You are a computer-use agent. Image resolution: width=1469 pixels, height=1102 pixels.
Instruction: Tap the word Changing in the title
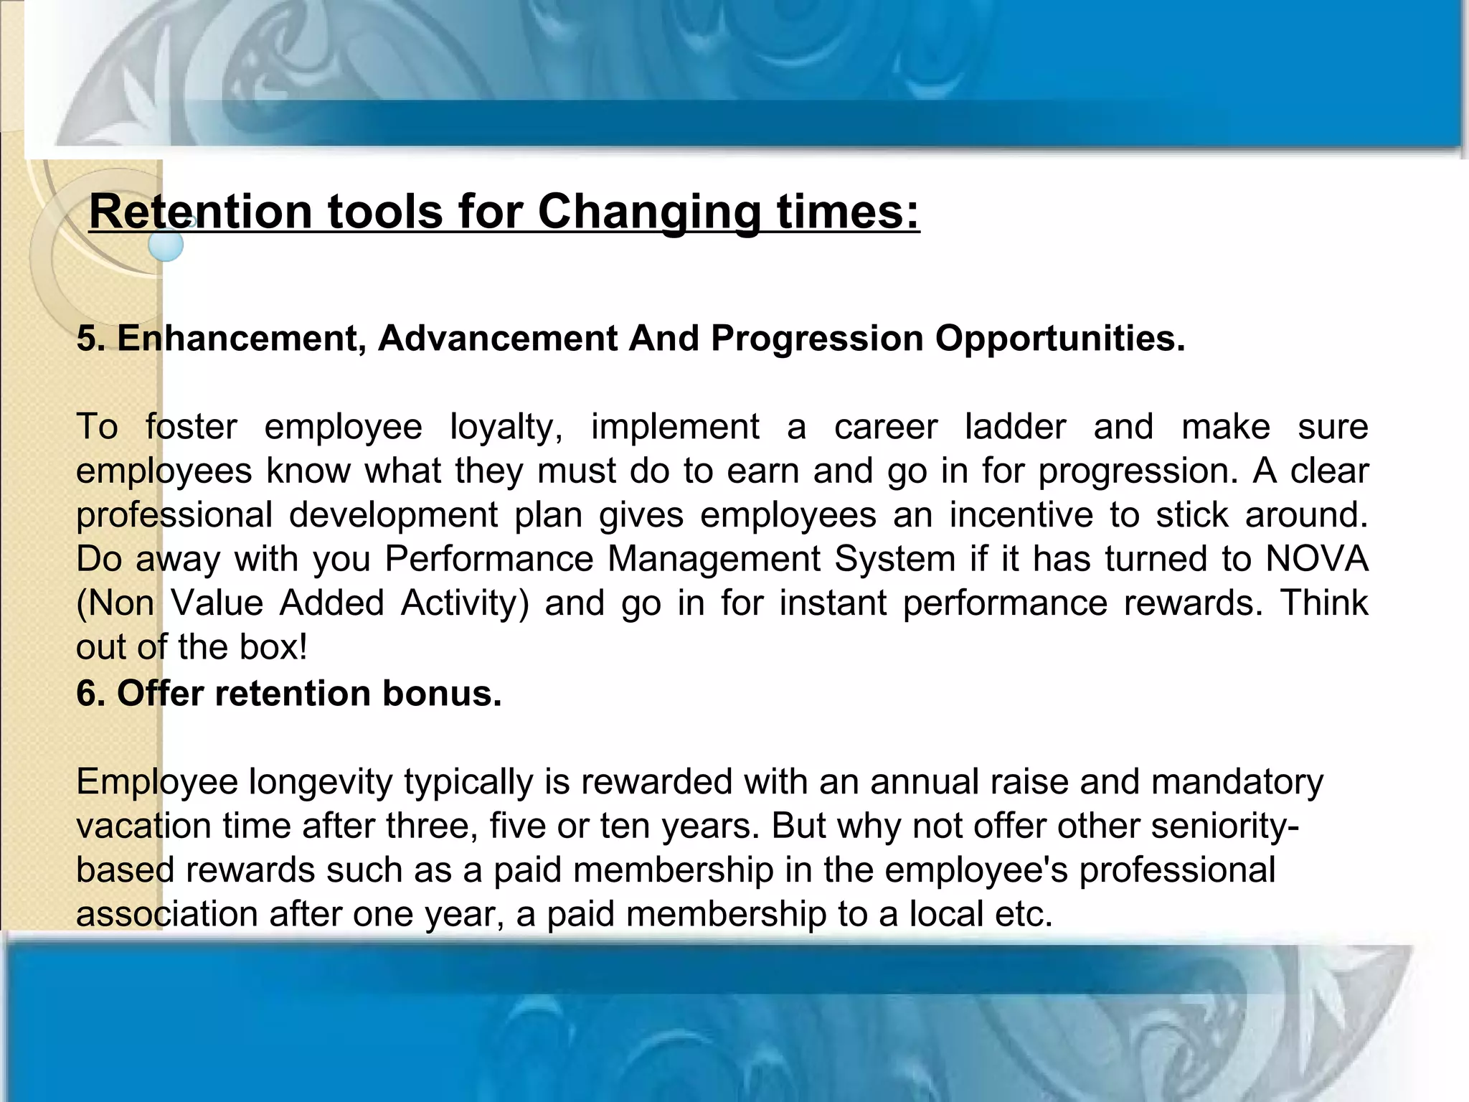tap(649, 212)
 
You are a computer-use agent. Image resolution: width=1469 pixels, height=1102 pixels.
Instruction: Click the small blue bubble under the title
tap(166, 245)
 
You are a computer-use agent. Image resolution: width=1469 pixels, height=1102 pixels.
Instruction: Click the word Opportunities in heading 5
tap(1059, 338)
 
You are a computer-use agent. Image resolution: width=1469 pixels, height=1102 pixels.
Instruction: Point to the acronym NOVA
tap(1317, 559)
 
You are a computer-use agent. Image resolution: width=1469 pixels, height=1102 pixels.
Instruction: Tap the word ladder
tap(1015, 428)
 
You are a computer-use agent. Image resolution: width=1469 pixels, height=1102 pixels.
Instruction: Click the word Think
tap(1324, 603)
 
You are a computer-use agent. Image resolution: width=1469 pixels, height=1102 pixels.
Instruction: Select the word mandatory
tap(1237, 782)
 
